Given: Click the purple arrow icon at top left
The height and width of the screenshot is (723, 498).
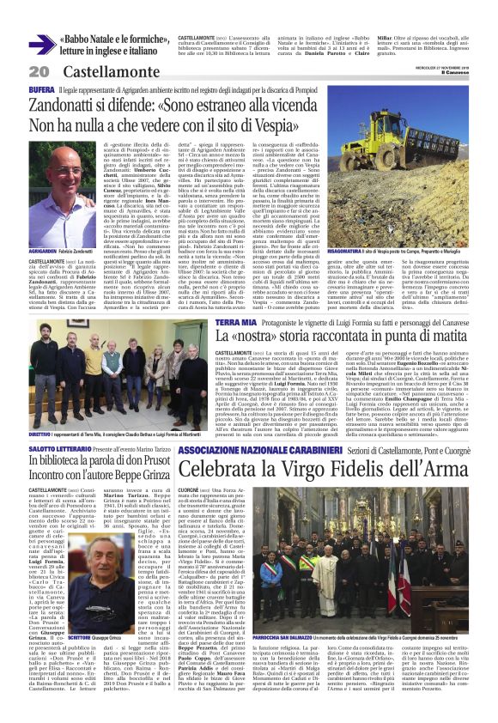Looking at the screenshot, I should pos(41,44).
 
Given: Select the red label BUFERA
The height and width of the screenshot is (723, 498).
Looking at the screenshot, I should pos(43,88).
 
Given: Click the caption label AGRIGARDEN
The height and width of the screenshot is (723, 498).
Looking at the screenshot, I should pos(44,225).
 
